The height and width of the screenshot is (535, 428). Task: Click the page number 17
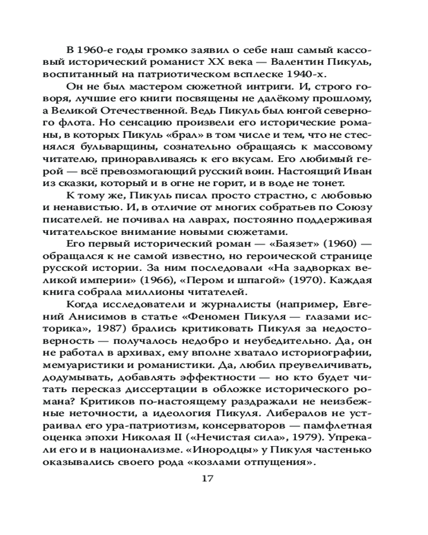click(x=208, y=478)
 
